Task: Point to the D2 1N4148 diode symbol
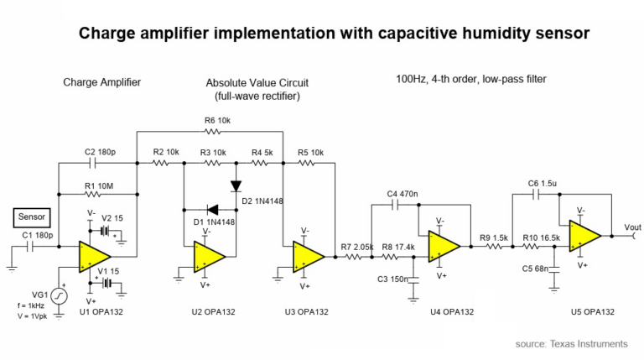point(236,186)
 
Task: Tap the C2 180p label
point(101,152)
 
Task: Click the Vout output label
point(631,227)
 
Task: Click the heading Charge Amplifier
point(101,82)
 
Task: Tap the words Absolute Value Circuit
point(257,83)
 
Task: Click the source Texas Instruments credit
point(571,344)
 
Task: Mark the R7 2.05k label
point(356,246)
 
